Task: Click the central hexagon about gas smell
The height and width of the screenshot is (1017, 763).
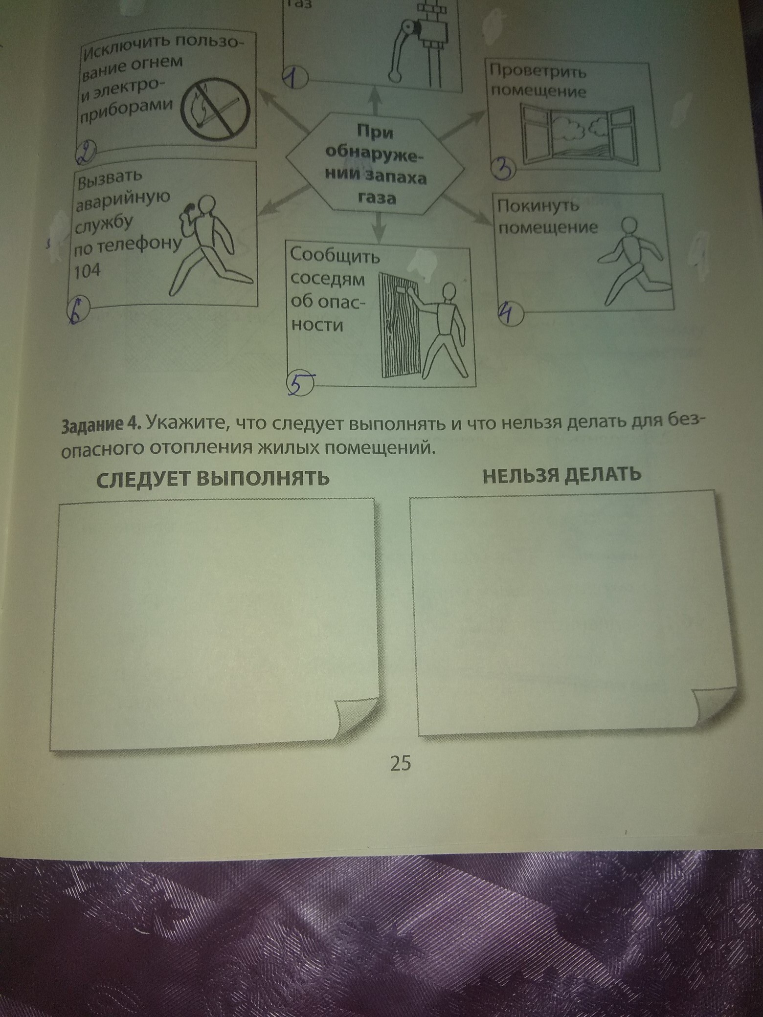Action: tap(375, 163)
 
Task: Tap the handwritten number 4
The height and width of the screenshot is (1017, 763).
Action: tap(509, 314)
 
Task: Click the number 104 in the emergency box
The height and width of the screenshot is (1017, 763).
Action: tap(87, 270)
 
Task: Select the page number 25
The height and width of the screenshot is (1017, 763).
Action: tap(400, 763)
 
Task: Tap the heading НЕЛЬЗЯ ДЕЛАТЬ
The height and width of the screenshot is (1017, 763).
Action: tap(561, 474)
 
